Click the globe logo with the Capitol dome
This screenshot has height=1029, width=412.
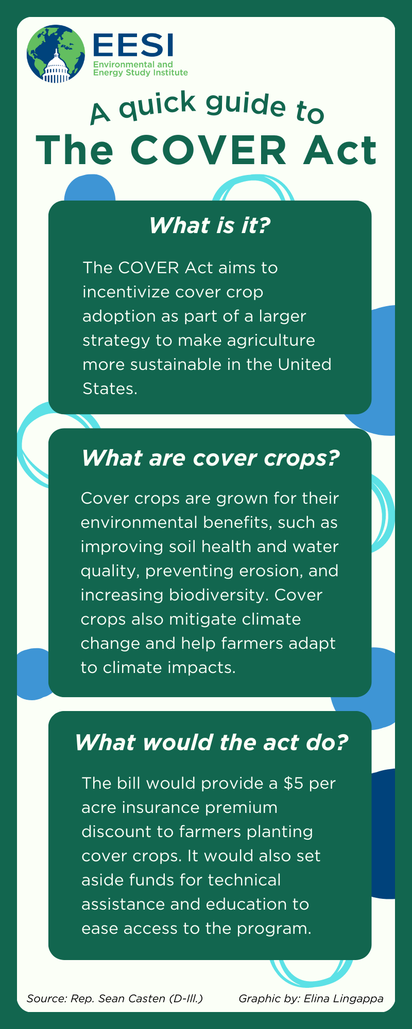pos(56,54)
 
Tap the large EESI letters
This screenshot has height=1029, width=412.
pos(133,45)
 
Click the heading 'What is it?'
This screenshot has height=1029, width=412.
pos(210,225)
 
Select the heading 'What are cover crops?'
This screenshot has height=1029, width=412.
pos(211,458)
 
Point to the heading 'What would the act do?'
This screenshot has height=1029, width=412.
pos(211,742)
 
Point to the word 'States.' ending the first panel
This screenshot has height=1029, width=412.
pos(110,388)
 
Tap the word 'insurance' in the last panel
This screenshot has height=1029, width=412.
pos(161,807)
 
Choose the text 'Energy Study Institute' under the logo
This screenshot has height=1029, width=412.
pos(141,73)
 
